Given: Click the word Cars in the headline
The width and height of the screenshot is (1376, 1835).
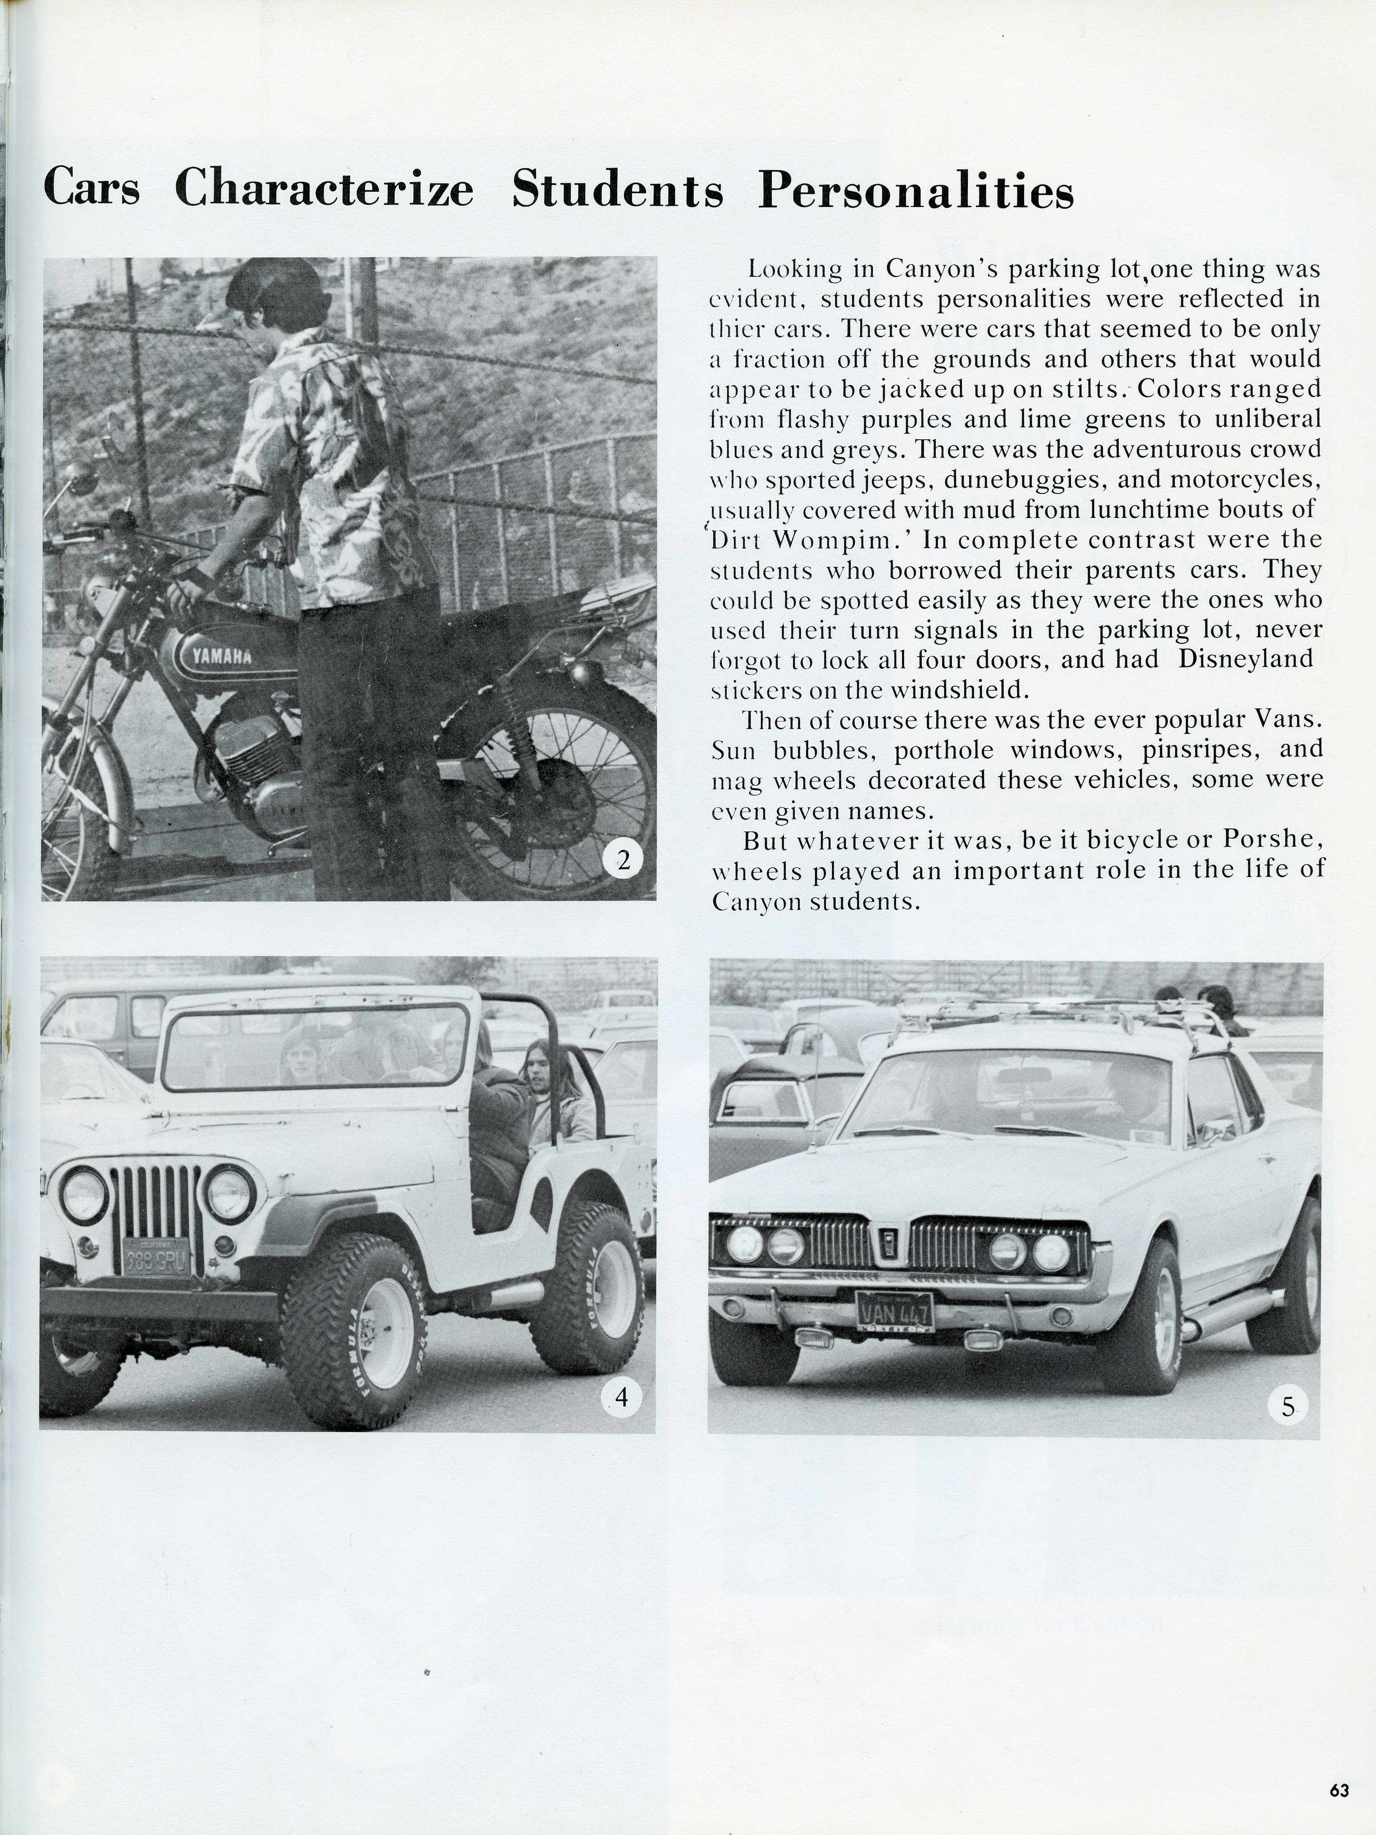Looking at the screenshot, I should point(91,189).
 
